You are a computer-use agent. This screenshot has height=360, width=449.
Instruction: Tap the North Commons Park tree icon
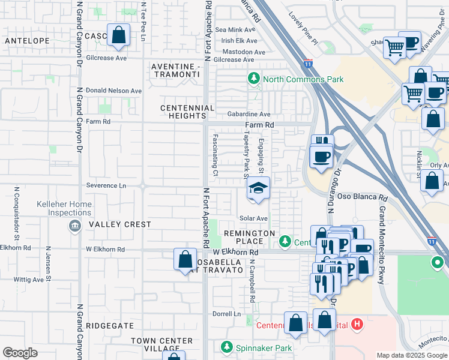[254, 79]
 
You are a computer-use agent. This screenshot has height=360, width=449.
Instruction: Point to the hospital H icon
[358, 325]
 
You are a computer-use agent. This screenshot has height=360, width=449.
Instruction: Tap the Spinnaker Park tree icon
[227, 347]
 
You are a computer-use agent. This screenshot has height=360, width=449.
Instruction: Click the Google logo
[20, 353]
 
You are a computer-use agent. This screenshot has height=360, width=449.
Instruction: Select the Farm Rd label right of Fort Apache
[260, 125]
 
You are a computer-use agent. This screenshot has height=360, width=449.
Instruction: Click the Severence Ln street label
[106, 185]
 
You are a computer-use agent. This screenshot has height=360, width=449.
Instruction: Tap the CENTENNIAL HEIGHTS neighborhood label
[187, 112]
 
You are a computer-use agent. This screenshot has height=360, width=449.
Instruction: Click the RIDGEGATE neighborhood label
[110, 325]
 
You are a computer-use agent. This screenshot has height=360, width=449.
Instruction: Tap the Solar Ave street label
[253, 218]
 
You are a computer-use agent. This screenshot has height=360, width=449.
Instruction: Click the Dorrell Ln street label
[226, 314]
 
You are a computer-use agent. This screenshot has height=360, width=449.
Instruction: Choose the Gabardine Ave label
[249, 114]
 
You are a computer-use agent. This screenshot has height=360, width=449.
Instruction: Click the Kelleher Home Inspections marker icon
[74, 226]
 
